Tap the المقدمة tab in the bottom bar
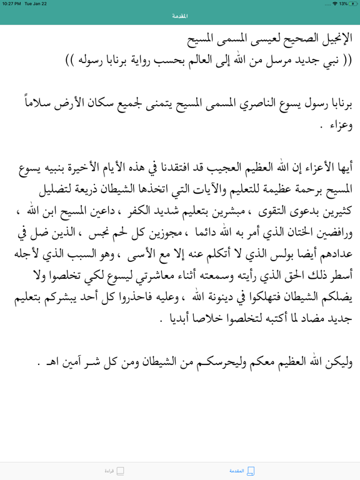[x=242, y=471]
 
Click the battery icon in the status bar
[x=351, y=4]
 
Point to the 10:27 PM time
[x=12, y=4]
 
